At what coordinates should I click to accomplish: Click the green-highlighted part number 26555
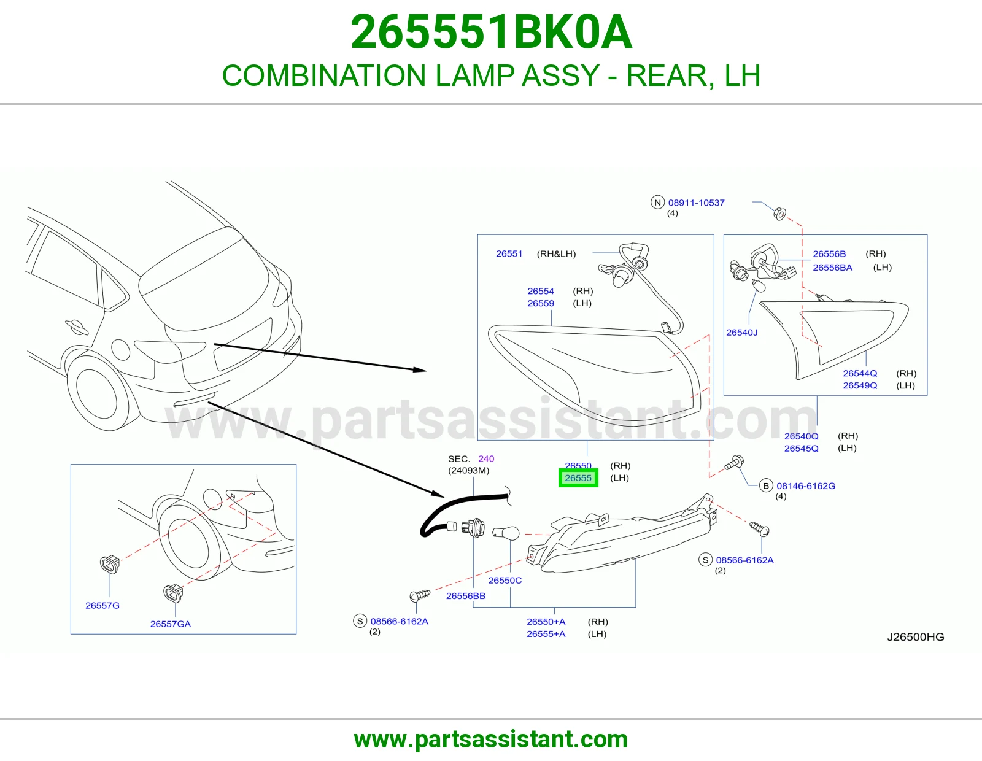[x=578, y=477]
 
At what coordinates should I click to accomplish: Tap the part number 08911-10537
[x=696, y=203]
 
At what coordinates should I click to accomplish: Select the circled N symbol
[x=657, y=203]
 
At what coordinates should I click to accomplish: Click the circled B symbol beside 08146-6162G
[x=765, y=486]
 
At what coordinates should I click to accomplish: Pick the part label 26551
[x=509, y=253]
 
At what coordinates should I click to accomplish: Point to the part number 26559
[x=541, y=303]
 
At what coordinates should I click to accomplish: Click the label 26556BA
[x=832, y=268]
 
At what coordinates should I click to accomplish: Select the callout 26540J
[x=741, y=333]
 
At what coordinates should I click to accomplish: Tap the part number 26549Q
[x=859, y=385]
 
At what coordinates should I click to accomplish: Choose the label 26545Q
[x=801, y=448]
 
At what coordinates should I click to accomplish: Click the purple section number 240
[x=486, y=458]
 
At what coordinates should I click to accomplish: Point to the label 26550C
[x=505, y=580]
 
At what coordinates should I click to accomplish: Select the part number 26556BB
[x=465, y=596]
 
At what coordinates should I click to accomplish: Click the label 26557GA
[x=171, y=624]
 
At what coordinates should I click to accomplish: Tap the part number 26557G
[x=102, y=606]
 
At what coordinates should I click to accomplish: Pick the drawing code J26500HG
[x=916, y=637]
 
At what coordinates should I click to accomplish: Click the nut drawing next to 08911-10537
[x=779, y=214]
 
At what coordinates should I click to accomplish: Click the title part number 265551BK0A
[x=491, y=32]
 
